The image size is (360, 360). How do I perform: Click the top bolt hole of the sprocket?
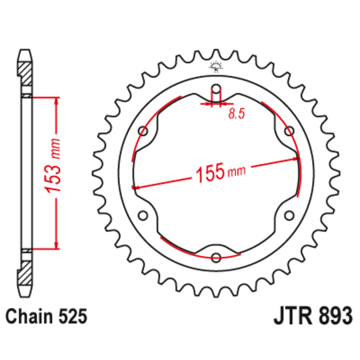[215, 90]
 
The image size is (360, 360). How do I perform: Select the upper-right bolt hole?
[289, 131]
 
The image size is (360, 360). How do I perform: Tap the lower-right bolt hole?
[289, 215]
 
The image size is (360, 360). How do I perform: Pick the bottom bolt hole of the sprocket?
[215, 257]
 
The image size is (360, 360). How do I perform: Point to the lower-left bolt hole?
[142, 215]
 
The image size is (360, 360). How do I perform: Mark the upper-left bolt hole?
[142, 131]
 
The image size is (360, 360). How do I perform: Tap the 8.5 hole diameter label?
[236, 114]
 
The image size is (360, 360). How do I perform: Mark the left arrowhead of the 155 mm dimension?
[138, 189]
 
